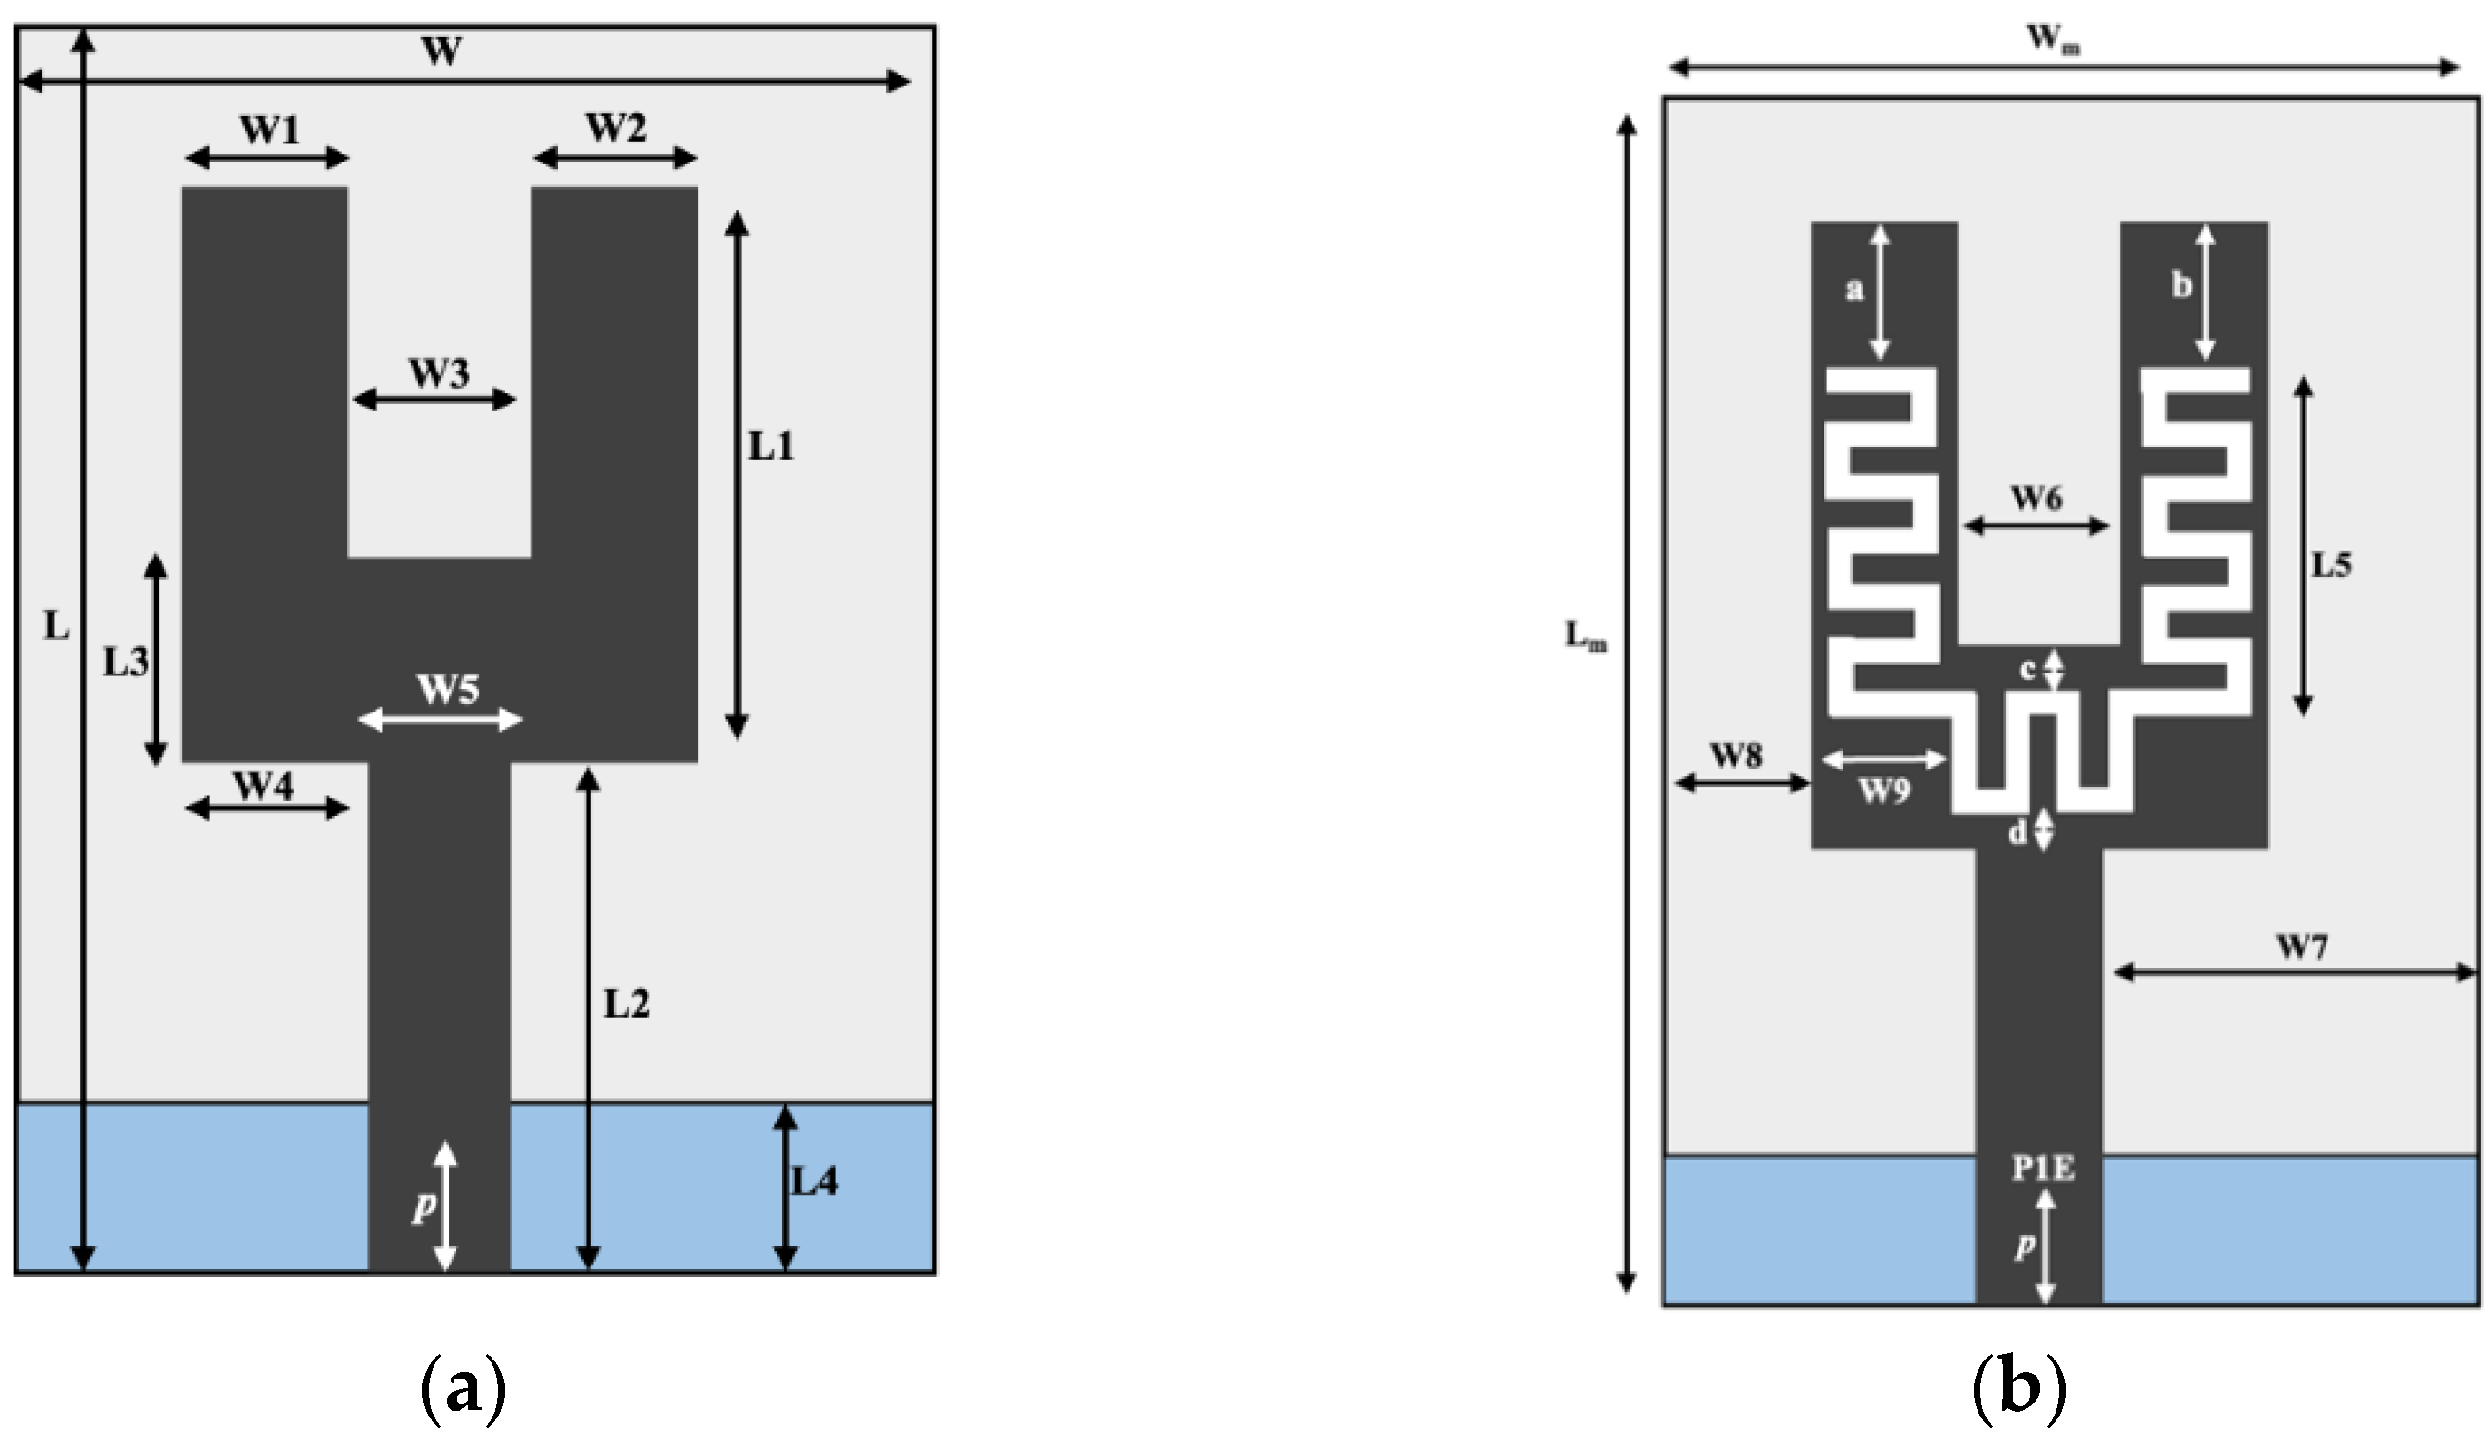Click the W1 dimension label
(269, 130)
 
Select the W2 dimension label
(614, 128)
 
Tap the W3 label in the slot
(437, 373)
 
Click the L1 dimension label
(771, 447)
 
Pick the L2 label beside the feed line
(627, 1004)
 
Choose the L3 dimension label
(125, 663)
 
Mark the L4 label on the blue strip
(813, 1181)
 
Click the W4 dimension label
(262, 788)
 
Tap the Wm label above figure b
(2054, 40)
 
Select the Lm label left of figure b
(1585, 637)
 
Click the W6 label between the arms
(2036, 499)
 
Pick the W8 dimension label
(1736, 756)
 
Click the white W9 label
(1884, 790)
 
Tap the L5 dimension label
(2331, 565)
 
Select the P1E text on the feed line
(2043, 1170)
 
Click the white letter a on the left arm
(1855, 290)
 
